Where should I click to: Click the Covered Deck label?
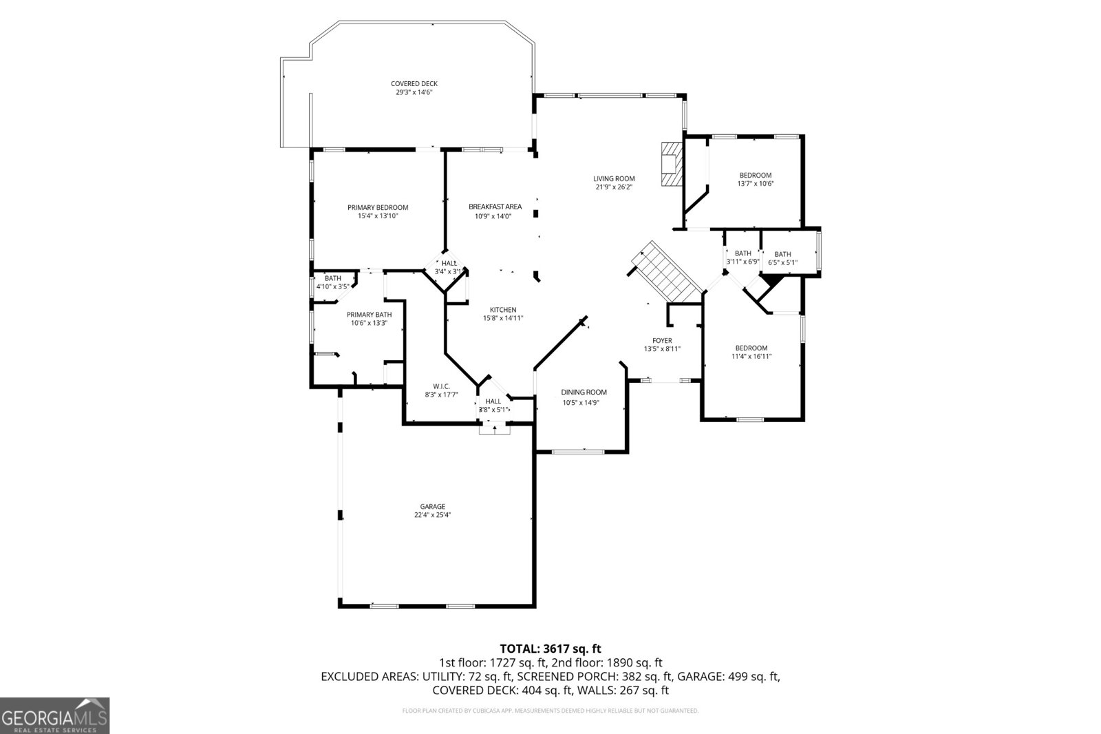tap(414, 84)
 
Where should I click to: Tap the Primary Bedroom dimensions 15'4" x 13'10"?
tap(378, 216)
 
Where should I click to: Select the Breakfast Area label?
tap(495, 207)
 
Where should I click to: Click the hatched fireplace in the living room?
tap(669, 164)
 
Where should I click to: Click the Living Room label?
tap(614, 179)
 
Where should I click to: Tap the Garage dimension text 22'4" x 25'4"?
tap(432, 515)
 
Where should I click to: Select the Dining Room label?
tap(584, 392)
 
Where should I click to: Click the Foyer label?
tap(662, 341)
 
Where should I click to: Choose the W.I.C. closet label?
tap(441, 386)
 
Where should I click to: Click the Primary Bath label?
tap(369, 315)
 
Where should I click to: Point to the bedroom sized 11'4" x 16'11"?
tap(751, 352)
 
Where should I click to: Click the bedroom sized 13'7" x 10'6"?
tap(755, 179)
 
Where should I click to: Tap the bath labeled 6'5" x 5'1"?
tap(782, 258)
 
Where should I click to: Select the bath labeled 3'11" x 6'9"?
tap(742, 258)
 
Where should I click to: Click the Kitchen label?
tap(503, 310)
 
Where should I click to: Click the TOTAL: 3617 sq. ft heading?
tap(550, 648)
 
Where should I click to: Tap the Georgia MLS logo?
tap(54, 715)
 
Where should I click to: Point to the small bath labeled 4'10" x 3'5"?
tap(333, 282)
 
